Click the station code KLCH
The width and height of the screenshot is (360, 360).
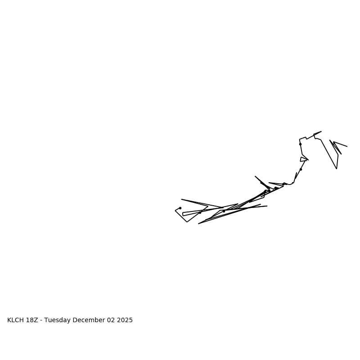coord(16,320)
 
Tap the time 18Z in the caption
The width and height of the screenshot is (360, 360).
coord(32,320)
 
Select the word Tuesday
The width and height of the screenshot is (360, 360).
coord(58,320)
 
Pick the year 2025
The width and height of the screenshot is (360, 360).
coord(125,320)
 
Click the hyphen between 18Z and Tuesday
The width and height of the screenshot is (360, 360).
coord(41,320)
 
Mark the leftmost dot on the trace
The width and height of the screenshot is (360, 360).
coord(180,208)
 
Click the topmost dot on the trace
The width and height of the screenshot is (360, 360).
coord(300,144)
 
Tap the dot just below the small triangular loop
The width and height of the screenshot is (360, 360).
coord(301,169)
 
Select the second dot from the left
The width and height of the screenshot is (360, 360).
coord(200,212)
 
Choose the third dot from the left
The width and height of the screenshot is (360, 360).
coord(224,211)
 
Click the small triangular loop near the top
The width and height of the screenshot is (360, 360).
coord(303,159)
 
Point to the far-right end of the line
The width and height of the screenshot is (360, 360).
coord(347,146)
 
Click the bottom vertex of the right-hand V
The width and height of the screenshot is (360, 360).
coord(337,169)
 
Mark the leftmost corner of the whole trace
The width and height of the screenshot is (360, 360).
coord(175,211)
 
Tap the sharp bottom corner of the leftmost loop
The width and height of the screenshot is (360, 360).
coord(187,222)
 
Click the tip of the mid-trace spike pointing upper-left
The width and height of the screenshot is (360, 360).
coord(255,176)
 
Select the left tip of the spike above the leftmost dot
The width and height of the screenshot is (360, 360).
coord(181,199)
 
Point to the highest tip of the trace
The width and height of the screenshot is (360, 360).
coord(321,131)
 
